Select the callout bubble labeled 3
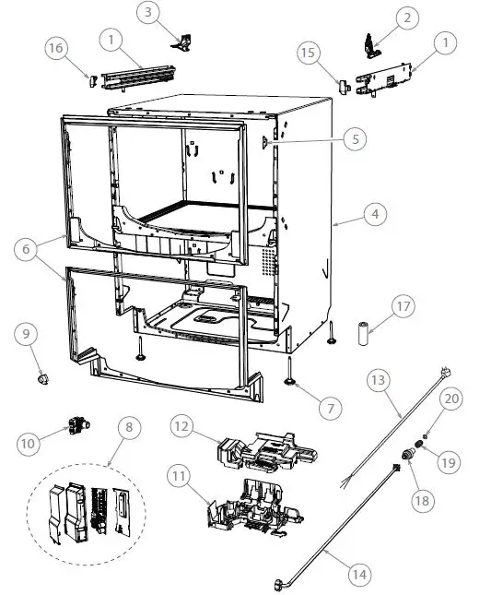pyautogui.click(x=150, y=12)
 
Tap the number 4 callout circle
pyautogui.click(x=373, y=214)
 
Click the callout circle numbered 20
pyautogui.click(x=450, y=399)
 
